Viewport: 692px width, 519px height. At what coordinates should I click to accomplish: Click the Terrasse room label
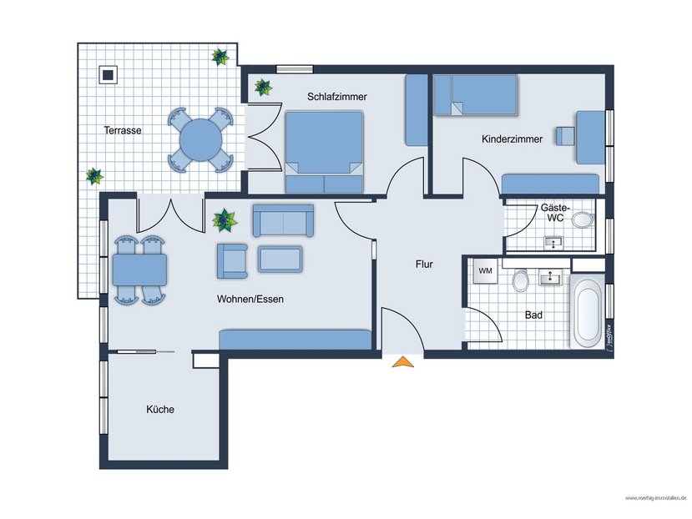tap(122, 131)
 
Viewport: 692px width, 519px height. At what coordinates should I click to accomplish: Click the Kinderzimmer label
tap(512, 139)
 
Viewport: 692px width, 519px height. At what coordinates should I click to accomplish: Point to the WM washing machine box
tap(485, 270)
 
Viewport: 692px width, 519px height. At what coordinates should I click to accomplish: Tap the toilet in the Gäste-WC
tap(583, 220)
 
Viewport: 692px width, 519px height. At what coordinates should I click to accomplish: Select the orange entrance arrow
tap(403, 361)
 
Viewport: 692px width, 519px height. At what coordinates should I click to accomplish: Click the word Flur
tap(424, 265)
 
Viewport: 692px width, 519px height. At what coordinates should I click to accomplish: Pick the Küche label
tap(160, 410)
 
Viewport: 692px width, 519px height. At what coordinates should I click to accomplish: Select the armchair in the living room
tap(232, 260)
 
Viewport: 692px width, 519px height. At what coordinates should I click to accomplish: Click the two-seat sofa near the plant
tap(283, 220)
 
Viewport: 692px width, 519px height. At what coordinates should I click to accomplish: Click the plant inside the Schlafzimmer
tap(263, 86)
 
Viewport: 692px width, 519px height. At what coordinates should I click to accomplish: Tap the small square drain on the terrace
tap(108, 74)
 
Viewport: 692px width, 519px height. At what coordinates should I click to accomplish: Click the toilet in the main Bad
tap(521, 280)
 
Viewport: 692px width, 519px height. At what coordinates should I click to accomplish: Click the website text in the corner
tap(655, 497)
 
